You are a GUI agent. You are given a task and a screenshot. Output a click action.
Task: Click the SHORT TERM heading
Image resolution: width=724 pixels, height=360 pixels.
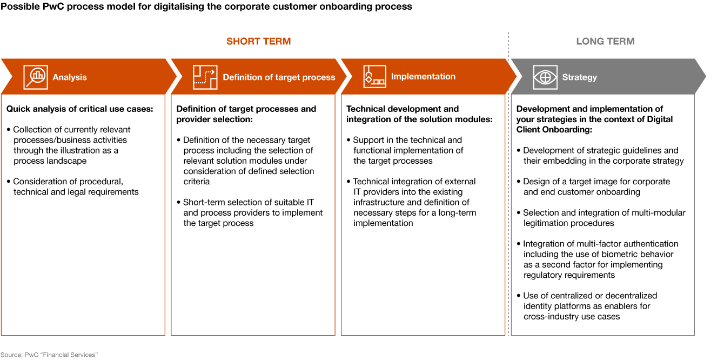(259, 42)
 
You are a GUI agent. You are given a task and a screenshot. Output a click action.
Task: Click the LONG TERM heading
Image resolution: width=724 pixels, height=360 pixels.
(605, 42)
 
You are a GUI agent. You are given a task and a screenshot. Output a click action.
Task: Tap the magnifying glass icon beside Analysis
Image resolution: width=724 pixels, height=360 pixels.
(36, 77)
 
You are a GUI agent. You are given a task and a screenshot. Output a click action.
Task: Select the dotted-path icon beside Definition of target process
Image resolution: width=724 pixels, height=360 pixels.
(205, 77)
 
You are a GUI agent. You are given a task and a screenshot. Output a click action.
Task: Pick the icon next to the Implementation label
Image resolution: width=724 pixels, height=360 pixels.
(374, 77)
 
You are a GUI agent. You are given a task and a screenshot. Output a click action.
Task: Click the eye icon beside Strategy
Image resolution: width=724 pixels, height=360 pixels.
(545, 77)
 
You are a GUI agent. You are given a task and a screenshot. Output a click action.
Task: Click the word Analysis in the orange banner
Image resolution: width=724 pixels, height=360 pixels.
(70, 77)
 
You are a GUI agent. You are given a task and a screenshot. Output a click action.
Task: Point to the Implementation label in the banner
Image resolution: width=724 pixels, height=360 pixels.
(423, 77)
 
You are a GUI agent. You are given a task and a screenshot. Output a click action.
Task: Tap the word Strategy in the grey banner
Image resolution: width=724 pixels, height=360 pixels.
(579, 77)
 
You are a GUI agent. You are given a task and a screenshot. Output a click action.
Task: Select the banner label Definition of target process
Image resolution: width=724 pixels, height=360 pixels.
(279, 77)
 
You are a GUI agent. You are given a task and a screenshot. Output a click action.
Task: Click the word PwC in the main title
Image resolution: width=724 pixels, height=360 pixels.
(52, 6)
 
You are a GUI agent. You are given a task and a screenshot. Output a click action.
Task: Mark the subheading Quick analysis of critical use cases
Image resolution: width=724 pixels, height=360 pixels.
(80, 109)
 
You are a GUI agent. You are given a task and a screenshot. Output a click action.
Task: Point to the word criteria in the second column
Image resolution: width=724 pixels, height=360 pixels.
(197, 182)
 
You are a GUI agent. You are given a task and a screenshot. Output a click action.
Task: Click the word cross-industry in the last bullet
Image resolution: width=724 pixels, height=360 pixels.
(550, 317)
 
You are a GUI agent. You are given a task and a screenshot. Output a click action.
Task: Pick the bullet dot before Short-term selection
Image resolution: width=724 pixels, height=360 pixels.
(178, 203)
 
